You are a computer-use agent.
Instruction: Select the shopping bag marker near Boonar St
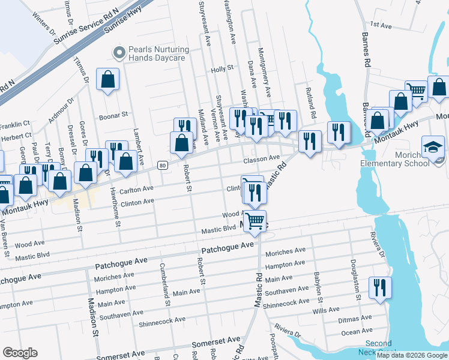tap(107, 79)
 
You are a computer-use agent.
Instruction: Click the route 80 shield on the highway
tap(162, 165)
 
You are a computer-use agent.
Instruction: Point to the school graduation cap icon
tap(433, 146)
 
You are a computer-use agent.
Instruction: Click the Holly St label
tap(221, 70)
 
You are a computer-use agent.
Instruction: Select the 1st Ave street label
tap(381, 25)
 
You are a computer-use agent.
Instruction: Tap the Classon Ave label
tap(262, 158)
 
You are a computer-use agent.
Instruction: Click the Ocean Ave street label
tap(357, 331)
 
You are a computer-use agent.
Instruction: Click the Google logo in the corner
tap(20, 353)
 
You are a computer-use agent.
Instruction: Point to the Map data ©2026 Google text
tap(412, 355)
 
